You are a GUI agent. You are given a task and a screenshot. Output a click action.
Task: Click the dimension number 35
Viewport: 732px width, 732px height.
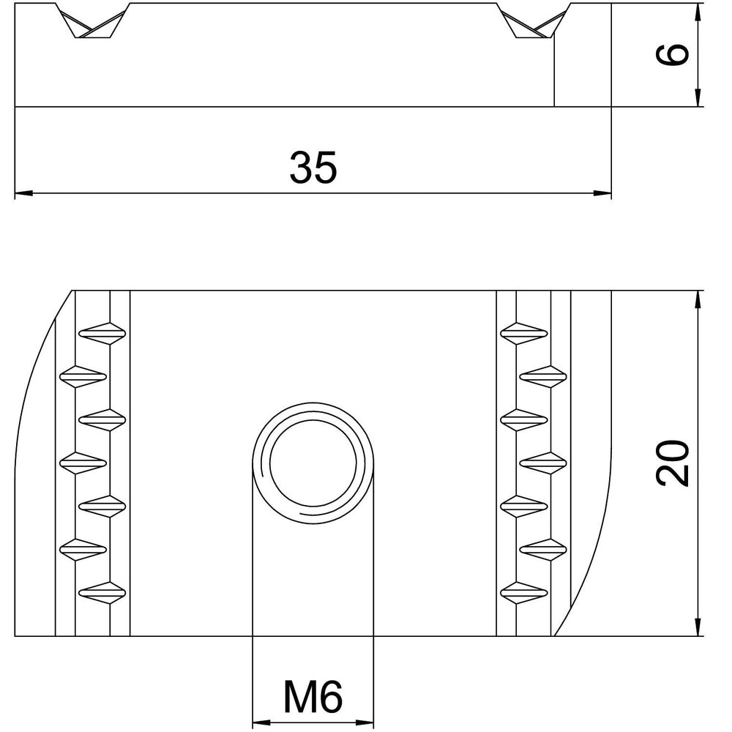(x=313, y=167)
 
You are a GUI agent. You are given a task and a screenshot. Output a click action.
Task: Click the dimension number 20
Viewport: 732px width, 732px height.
(x=673, y=463)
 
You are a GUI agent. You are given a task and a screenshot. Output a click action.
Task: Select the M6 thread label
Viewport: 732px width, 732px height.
(x=313, y=696)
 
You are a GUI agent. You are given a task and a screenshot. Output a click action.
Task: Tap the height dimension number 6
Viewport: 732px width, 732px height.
(x=673, y=53)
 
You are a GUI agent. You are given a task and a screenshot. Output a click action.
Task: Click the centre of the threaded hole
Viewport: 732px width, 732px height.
(x=313, y=463)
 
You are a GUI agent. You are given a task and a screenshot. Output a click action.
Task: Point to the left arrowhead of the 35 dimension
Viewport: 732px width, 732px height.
(x=24, y=193)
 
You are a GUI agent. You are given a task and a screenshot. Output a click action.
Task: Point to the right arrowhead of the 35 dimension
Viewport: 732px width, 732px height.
(x=602, y=193)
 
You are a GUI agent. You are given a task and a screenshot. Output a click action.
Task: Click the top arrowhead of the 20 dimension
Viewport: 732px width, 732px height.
(x=698, y=299)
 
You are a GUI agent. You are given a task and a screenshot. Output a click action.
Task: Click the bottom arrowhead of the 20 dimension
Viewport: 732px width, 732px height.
(x=698, y=627)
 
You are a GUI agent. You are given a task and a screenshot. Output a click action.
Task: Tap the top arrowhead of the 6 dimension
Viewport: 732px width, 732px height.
(x=698, y=12)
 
